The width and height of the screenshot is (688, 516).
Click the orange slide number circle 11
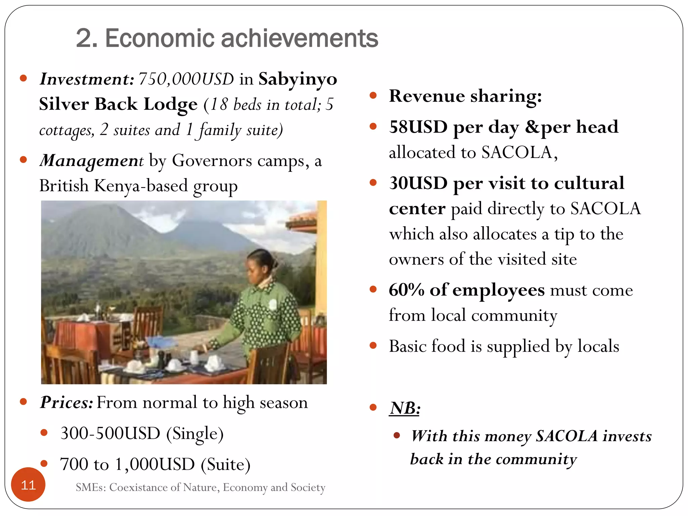pyautogui.click(x=28, y=484)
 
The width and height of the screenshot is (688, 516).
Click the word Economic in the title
pyautogui.click(x=160, y=38)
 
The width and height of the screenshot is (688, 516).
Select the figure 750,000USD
pyautogui.click(x=186, y=79)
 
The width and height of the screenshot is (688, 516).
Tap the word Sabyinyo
pyautogui.click(x=298, y=79)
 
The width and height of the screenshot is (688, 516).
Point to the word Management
pyautogui.click(x=92, y=161)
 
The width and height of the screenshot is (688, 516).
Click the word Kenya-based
pyautogui.click(x=141, y=185)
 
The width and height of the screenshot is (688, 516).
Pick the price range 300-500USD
pyautogui.click(x=110, y=433)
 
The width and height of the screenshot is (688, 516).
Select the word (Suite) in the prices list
pyautogui.click(x=226, y=464)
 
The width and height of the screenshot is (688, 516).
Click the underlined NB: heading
pyautogui.click(x=405, y=408)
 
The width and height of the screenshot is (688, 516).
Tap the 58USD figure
pyautogui.click(x=418, y=127)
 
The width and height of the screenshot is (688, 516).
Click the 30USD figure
pyautogui.click(x=418, y=183)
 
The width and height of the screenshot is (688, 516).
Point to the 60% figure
pyautogui.click(x=406, y=290)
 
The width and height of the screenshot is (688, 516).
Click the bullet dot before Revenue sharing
pyautogui.click(x=373, y=96)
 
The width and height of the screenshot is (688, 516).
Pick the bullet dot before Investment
pyautogui.click(x=23, y=79)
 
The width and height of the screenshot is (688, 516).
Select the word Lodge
pyautogui.click(x=170, y=104)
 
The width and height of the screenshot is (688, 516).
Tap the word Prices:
pyautogui.click(x=66, y=402)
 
